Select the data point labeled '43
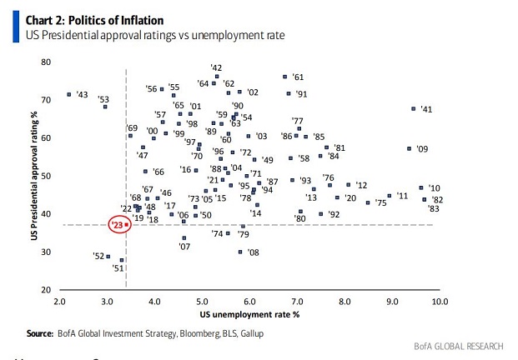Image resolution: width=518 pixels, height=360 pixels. coord(68,94)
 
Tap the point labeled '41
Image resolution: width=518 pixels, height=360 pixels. coord(413,108)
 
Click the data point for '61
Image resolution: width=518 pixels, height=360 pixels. coord(285,77)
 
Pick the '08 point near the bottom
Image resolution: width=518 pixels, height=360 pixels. coord(240,252)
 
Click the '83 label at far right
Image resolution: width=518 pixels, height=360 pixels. coord(435,209)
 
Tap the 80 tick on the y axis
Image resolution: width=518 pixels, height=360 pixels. coord(46,62)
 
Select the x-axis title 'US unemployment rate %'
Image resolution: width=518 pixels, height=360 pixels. coord(249,314)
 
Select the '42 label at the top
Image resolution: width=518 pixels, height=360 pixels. coord(216,67)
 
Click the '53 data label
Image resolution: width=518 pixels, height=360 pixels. coord(103,99)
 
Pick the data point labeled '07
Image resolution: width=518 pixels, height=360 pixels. coord(184,237)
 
